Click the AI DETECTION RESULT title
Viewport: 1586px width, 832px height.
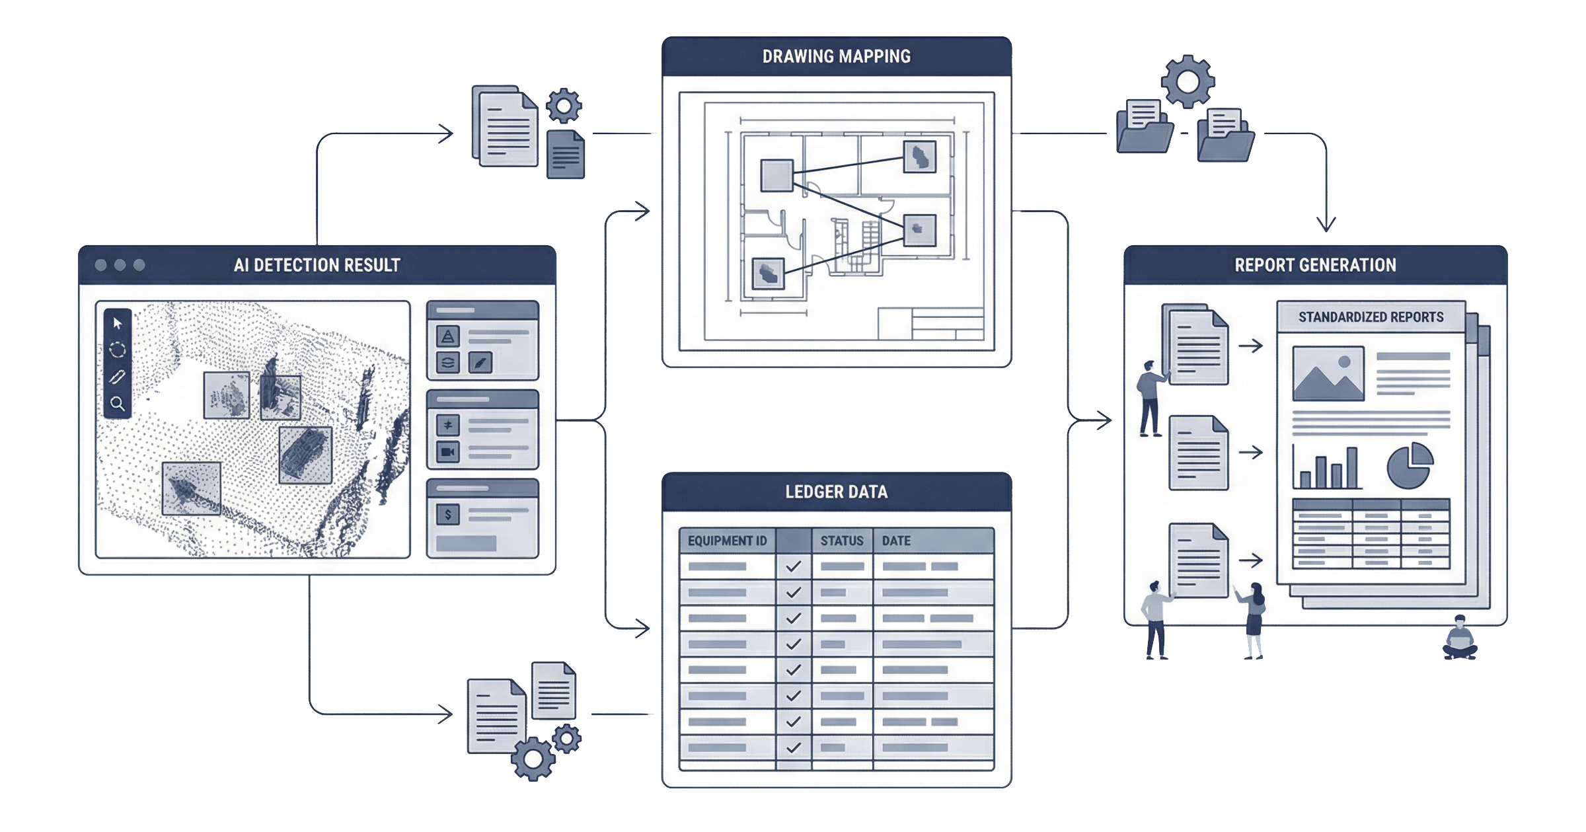[x=317, y=265]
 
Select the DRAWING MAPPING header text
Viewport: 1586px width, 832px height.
[x=837, y=56]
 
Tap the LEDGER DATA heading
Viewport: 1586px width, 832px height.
[x=837, y=492]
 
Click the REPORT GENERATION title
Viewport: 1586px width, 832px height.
[x=1315, y=265]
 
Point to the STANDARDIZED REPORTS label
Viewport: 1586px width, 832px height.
[x=1371, y=317]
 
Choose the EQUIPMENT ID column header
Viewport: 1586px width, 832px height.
[x=727, y=541]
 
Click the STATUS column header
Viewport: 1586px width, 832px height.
[x=842, y=541]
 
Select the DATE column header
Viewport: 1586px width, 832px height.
[x=896, y=541]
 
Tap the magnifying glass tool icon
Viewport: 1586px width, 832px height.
[x=118, y=403]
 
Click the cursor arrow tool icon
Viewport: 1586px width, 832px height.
[x=118, y=323]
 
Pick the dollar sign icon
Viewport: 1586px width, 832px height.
[x=448, y=514]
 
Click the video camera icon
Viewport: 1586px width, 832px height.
[x=448, y=452]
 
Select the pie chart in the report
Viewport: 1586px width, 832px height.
[x=1410, y=465]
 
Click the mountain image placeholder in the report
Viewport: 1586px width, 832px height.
[x=1328, y=373]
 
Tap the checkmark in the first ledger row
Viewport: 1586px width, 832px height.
[x=794, y=566]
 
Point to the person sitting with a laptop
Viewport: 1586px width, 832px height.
[x=1460, y=638]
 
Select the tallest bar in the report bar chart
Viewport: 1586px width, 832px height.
[x=1352, y=467]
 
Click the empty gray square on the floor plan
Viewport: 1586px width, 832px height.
[x=776, y=175]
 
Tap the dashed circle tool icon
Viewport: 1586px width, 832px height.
[x=118, y=350]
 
